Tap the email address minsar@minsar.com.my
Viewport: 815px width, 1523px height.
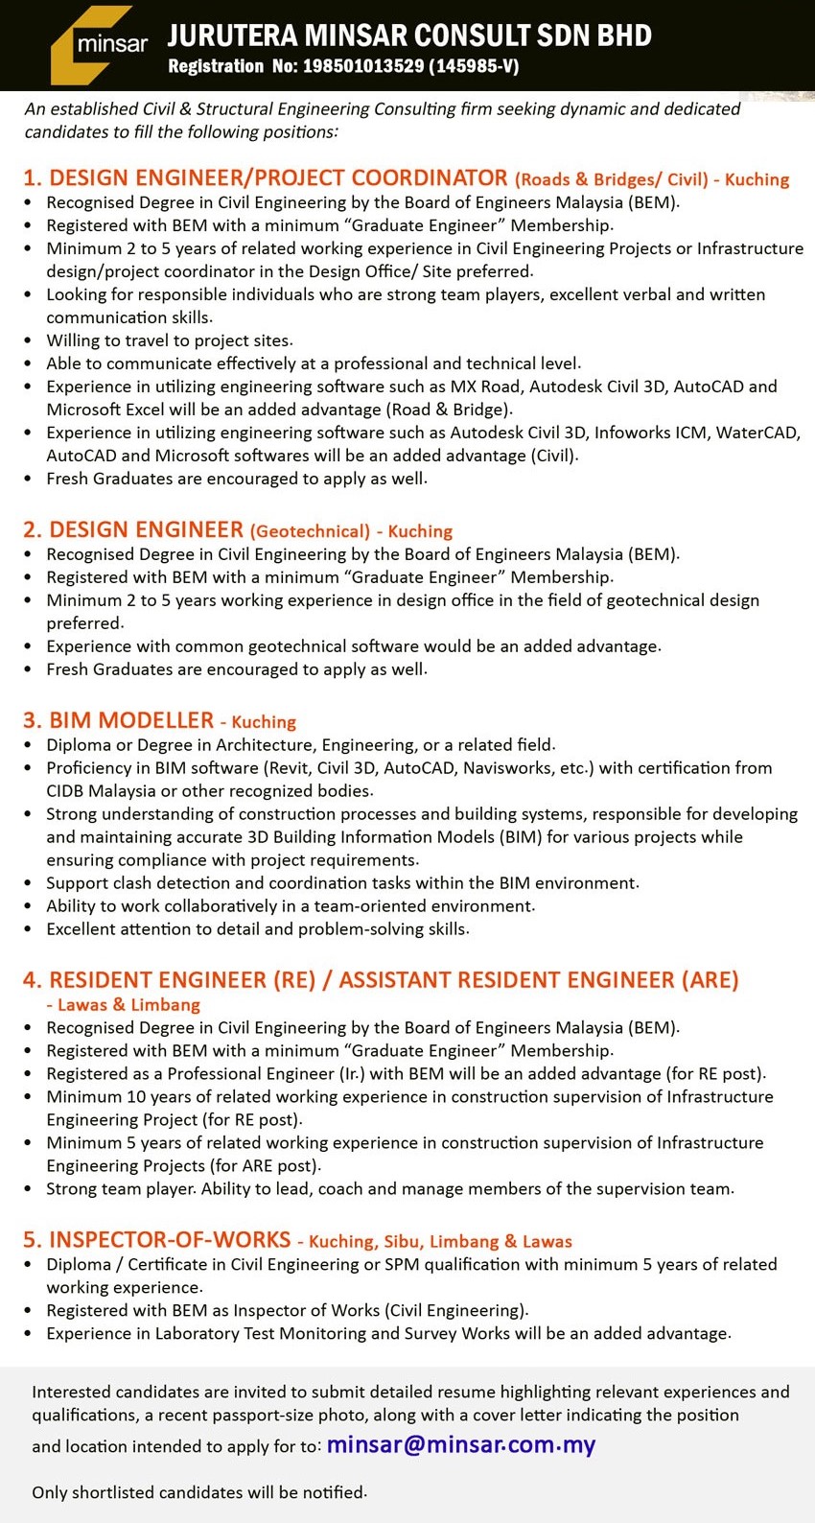461,1444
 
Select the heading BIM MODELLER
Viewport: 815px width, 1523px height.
131,720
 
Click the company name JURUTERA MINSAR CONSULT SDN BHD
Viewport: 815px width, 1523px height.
409,36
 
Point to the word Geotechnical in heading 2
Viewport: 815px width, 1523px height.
310,531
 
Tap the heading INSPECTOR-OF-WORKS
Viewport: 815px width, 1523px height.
170,1240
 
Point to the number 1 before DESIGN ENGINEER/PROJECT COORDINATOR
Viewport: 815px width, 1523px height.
30,178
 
